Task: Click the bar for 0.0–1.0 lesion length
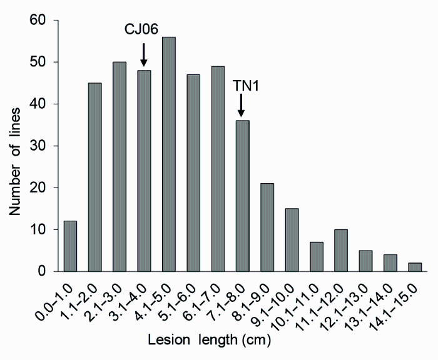click(70, 246)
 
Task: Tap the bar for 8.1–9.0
click(267, 227)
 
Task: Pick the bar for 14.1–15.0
click(414, 267)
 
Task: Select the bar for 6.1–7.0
click(217, 169)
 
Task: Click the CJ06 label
click(144, 30)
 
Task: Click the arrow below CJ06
click(144, 55)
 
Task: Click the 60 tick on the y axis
click(39, 21)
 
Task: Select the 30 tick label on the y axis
click(39, 146)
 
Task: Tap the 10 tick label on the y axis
click(39, 229)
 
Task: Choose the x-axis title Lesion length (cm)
click(210, 342)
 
